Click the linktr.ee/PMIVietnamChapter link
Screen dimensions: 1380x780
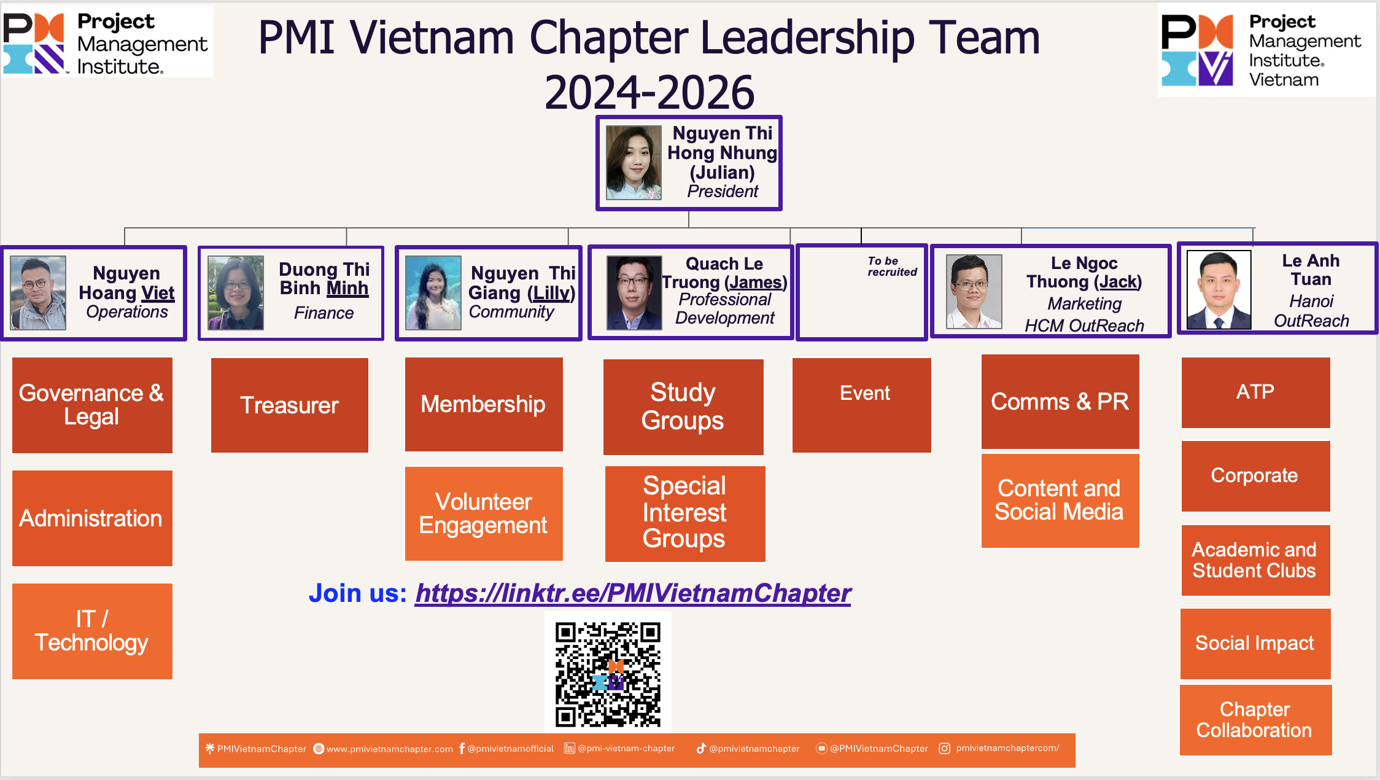(x=633, y=593)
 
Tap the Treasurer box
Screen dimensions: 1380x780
(x=290, y=405)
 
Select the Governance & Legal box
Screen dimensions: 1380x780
(x=92, y=405)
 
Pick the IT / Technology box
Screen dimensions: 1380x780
(x=92, y=631)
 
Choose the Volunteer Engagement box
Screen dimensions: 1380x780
(x=484, y=513)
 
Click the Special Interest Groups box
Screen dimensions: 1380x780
(x=685, y=513)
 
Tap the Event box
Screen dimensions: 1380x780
(x=862, y=405)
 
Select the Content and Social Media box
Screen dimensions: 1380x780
(x=1060, y=501)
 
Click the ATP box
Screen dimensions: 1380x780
(x=1256, y=392)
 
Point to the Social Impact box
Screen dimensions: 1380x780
(x=1255, y=644)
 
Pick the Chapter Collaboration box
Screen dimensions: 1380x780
(x=1256, y=720)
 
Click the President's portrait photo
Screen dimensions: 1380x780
(x=634, y=163)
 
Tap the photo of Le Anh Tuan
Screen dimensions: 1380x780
(x=1219, y=290)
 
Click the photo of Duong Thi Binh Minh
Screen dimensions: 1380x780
(x=236, y=293)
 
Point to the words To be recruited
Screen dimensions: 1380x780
(x=892, y=267)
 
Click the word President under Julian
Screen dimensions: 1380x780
(x=723, y=192)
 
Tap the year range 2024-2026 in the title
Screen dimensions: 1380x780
(x=649, y=92)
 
